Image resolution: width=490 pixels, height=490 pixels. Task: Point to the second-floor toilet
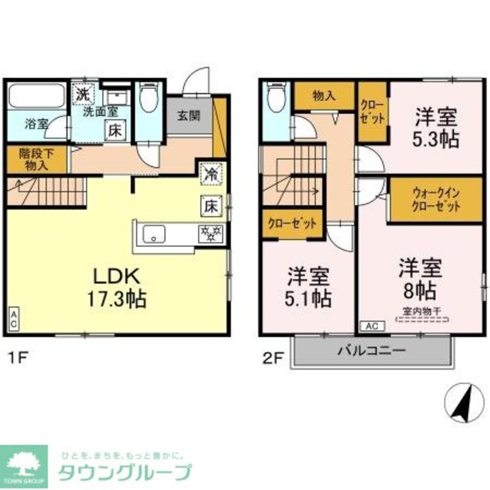tap(275, 98)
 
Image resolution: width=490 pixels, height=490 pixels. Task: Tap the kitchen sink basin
tap(154, 235)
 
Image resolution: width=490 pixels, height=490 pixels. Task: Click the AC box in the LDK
tap(14, 319)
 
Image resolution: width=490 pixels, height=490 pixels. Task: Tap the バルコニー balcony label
tap(371, 351)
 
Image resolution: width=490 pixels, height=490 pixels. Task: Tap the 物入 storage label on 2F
tap(324, 96)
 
